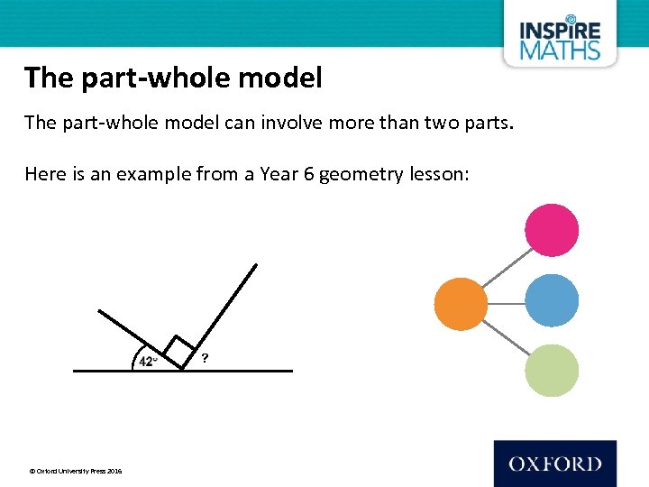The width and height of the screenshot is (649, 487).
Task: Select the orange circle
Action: [461, 302]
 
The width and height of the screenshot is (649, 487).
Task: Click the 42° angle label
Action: [148, 362]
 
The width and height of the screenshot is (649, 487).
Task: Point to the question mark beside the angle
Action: [206, 359]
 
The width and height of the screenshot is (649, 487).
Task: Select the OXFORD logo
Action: [554, 464]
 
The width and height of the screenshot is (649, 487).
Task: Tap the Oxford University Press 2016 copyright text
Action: [76, 471]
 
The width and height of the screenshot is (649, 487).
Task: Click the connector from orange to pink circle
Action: [505, 266]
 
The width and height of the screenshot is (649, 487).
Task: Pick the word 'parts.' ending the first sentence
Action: [489, 123]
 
